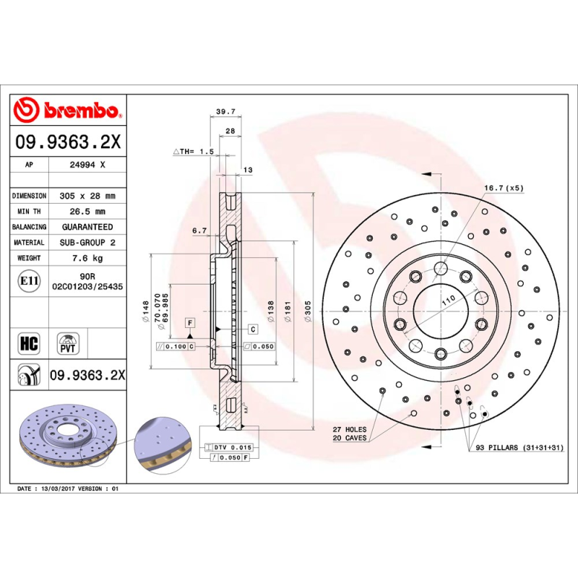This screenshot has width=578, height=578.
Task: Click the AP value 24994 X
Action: tap(87, 165)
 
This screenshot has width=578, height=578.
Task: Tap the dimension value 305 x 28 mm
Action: tap(87, 196)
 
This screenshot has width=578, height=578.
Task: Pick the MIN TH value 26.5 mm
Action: tap(87, 212)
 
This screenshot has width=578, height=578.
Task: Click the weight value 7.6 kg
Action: tap(87, 258)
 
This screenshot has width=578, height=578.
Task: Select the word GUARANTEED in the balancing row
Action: tap(87, 227)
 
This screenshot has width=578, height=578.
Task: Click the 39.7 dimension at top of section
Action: tap(226, 112)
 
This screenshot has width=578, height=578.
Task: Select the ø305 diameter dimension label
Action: tap(307, 311)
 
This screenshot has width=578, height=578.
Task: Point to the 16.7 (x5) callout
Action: tap(504, 189)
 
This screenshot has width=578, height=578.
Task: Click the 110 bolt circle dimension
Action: tap(447, 299)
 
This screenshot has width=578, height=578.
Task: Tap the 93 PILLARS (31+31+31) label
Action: tap(519, 448)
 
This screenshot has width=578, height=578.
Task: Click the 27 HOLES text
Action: tap(349, 429)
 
